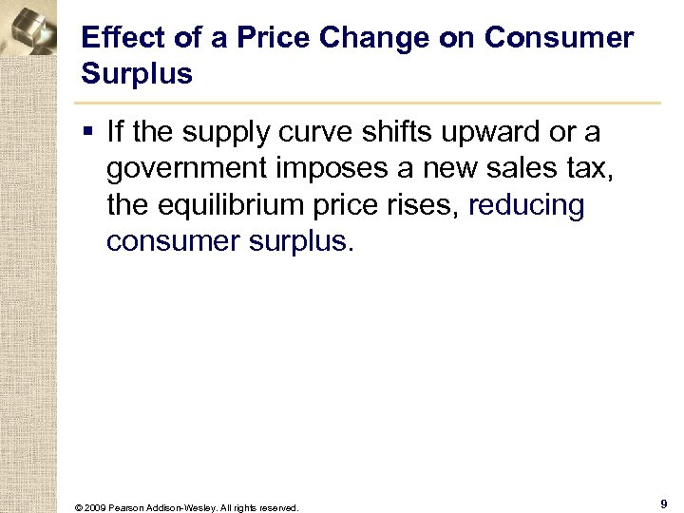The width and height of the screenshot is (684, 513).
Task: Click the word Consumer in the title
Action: coord(559,38)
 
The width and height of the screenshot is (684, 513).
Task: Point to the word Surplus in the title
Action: coord(137,74)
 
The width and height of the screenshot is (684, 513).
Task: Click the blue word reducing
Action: coord(526,204)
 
